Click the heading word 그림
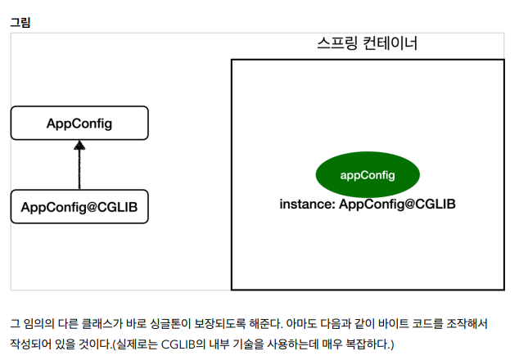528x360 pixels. click(20, 22)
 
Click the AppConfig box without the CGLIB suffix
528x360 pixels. click(79, 124)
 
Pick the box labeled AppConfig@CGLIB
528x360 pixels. click(79, 206)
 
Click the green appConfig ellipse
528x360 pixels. click(368, 175)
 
